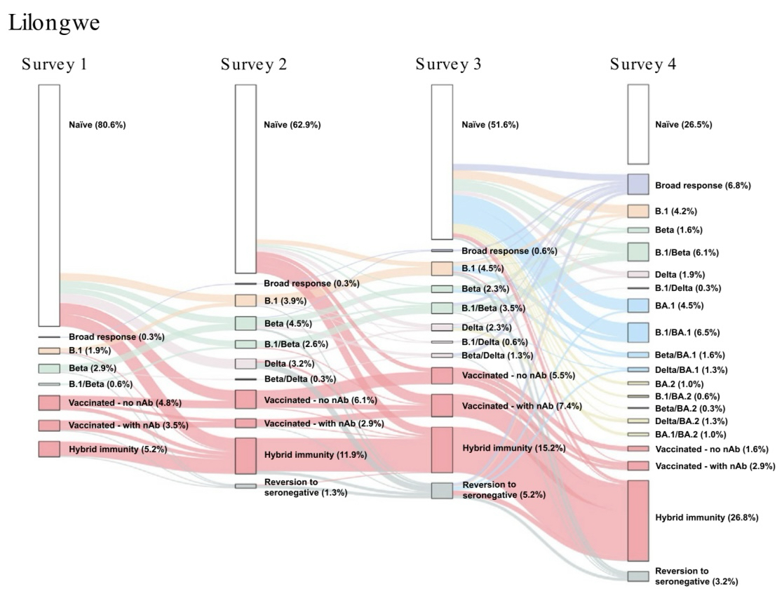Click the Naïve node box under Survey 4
tap(637, 124)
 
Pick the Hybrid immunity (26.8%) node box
tap(637, 520)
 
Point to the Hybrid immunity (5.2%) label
tap(117, 449)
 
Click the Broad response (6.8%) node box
tap(637, 184)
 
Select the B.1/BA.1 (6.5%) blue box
tap(637, 332)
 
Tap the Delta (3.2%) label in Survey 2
tap(289, 364)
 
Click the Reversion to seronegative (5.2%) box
tap(442, 491)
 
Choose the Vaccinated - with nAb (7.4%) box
tap(442, 405)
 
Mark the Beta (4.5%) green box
tap(245, 323)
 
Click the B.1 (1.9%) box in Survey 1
tap(49, 351)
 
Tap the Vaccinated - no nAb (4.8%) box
tap(49, 403)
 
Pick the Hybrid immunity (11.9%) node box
tap(245, 455)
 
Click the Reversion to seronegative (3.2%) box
tap(637, 576)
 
